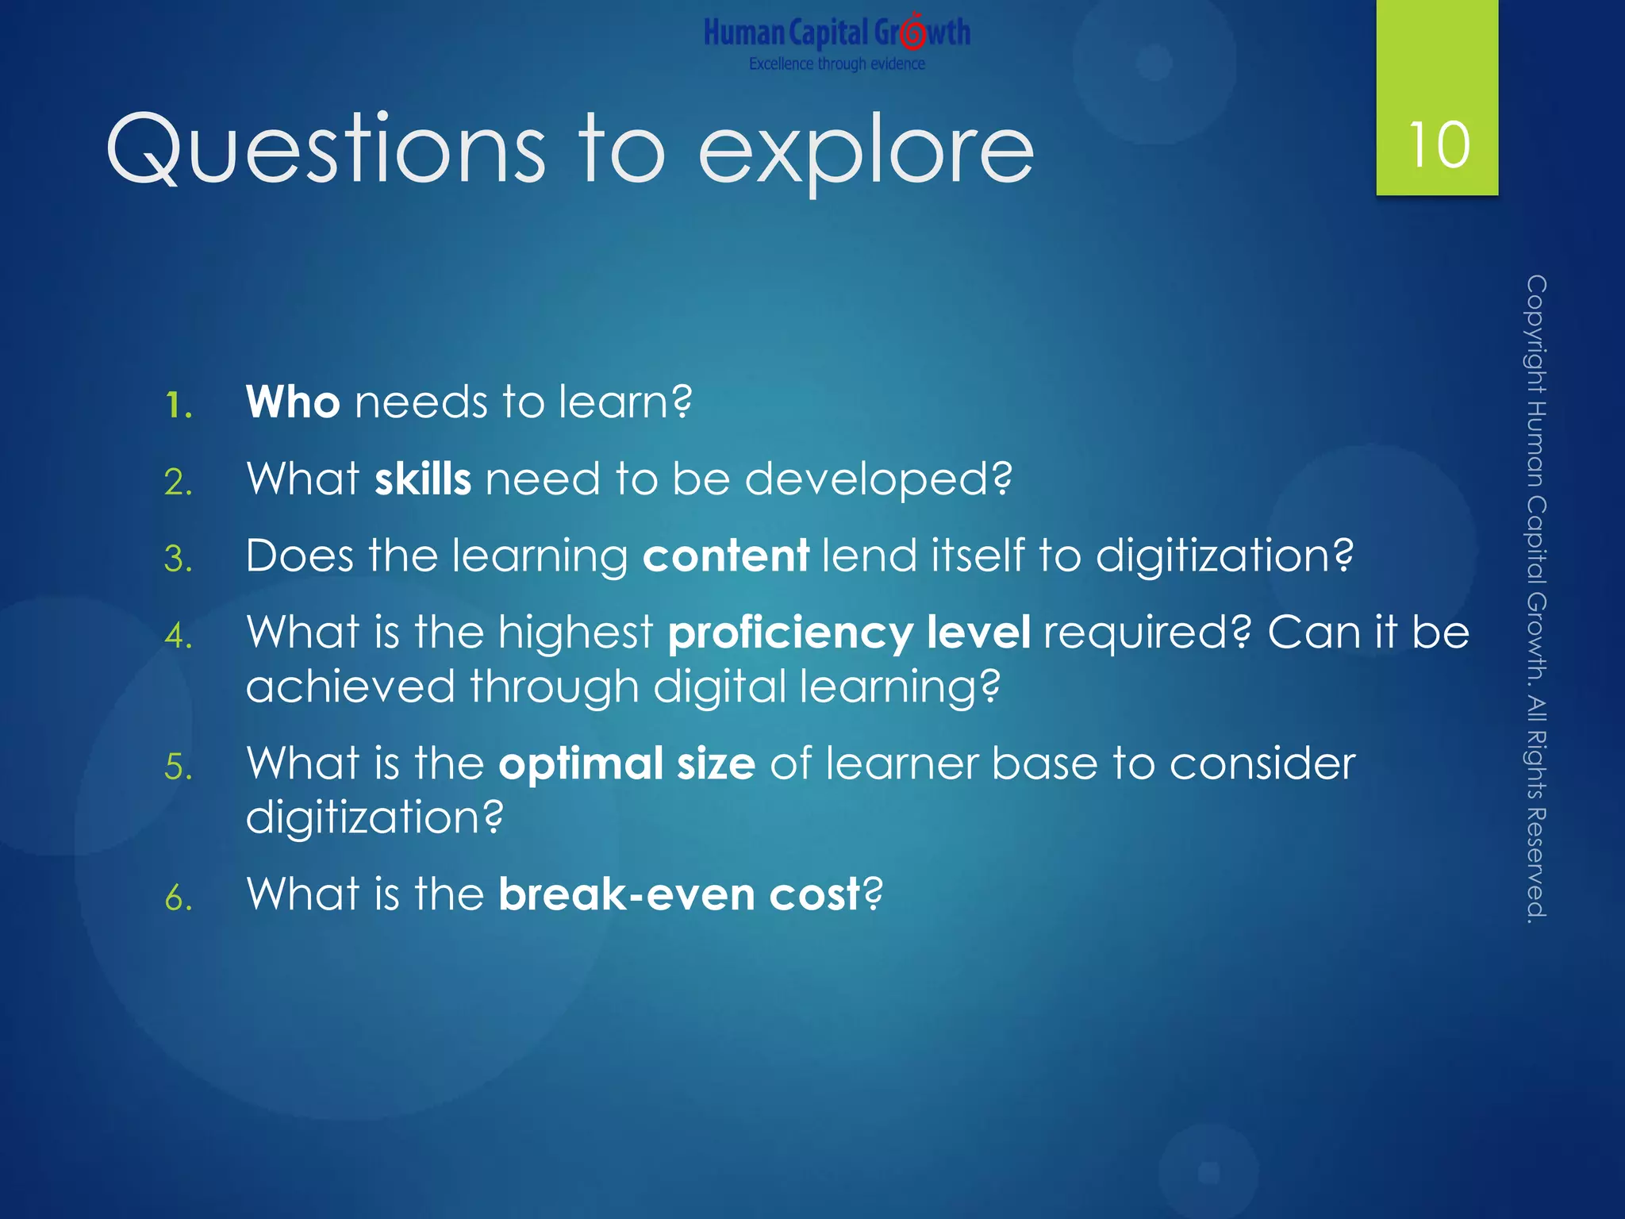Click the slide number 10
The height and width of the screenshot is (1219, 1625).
(1439, 145)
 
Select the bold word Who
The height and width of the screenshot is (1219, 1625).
(293, 402)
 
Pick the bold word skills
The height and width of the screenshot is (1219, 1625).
(423, 479)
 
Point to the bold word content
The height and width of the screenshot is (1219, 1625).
(725, 555)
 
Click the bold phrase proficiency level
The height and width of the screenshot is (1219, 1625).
(849, 633)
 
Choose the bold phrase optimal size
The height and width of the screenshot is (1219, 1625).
(627, 763)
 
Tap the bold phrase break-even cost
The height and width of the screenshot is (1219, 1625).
(679, 894)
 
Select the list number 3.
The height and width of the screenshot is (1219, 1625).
(178, 560)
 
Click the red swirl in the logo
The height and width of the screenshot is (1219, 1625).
(914, 33)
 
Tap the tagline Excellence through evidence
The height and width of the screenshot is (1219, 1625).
(836, 63)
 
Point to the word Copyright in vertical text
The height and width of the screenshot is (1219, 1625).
(1536, 333)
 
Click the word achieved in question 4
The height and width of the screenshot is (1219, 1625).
(350, 686)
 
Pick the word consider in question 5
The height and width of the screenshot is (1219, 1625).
(1262, 763)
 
